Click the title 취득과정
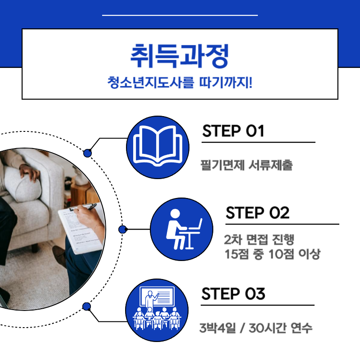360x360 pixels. [180, 55]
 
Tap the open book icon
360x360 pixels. [158, 147]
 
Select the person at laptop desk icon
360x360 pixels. [181, 229]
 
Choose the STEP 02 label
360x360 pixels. [257, 213]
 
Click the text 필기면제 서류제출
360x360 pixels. [246, 165]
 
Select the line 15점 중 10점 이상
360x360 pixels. [272, 254]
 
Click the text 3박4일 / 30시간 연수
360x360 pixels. [256, 328]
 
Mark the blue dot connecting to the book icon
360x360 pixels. [88, 153]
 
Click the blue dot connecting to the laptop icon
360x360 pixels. [122, 229]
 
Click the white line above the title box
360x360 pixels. [180, 15]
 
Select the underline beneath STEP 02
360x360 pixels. [282, 224]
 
